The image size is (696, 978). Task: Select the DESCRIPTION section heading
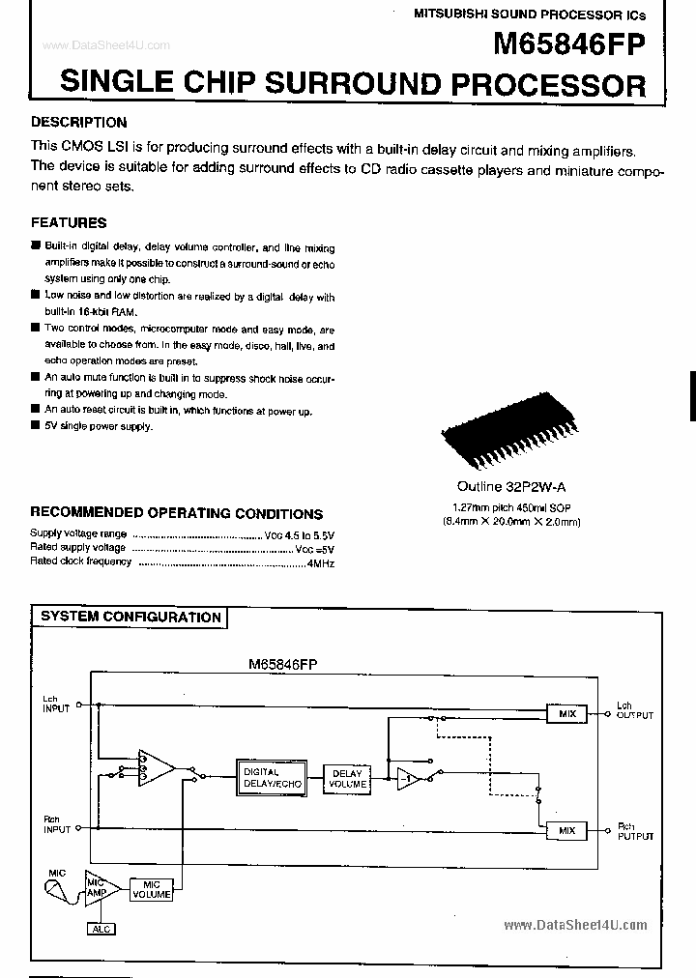79,123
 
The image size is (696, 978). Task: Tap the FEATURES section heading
69,222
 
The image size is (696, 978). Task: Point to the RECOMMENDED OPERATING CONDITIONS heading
176,513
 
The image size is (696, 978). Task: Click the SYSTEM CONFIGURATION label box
130,617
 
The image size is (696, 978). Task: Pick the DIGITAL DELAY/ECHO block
261,778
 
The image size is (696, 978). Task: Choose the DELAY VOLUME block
347,779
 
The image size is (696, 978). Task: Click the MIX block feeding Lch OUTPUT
566,713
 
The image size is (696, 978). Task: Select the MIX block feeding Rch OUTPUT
566,830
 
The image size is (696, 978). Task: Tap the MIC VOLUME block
152,890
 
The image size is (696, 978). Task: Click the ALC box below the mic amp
101,929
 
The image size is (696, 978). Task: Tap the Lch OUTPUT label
635,711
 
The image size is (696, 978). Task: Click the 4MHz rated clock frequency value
320,561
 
